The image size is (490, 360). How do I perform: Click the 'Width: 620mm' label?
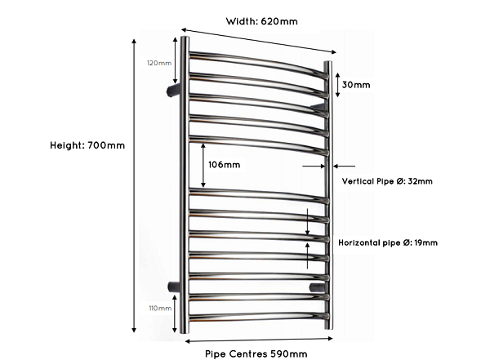[261, 21]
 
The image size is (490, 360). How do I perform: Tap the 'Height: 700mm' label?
[87, 145]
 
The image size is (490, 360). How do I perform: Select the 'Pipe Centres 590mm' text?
[256, 354]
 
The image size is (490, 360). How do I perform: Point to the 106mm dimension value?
[224, 165]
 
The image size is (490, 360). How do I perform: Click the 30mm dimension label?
[356, 85]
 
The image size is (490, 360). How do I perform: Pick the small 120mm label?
[159, 63]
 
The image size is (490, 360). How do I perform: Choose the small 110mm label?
[160, 309]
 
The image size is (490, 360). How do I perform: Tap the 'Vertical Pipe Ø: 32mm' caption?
[387, 181]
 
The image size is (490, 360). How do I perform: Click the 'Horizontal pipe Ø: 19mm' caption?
[388, 242]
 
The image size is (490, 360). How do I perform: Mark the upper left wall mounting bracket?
[173, 90]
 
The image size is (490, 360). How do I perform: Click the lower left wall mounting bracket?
[174, 287]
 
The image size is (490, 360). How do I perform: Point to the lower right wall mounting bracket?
[317, 287]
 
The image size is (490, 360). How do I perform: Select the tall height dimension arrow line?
[134, 186]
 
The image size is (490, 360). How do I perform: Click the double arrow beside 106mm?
[203, 166]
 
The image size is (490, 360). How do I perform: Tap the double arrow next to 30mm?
[337, 85]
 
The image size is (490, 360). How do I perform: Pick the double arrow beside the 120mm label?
[175, 60]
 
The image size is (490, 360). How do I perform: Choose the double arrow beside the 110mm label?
[175, 313]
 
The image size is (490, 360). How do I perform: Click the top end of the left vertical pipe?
[185, 38]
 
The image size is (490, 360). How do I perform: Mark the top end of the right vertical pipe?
[327, 62]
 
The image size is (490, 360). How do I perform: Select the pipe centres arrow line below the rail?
[259, 340]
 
